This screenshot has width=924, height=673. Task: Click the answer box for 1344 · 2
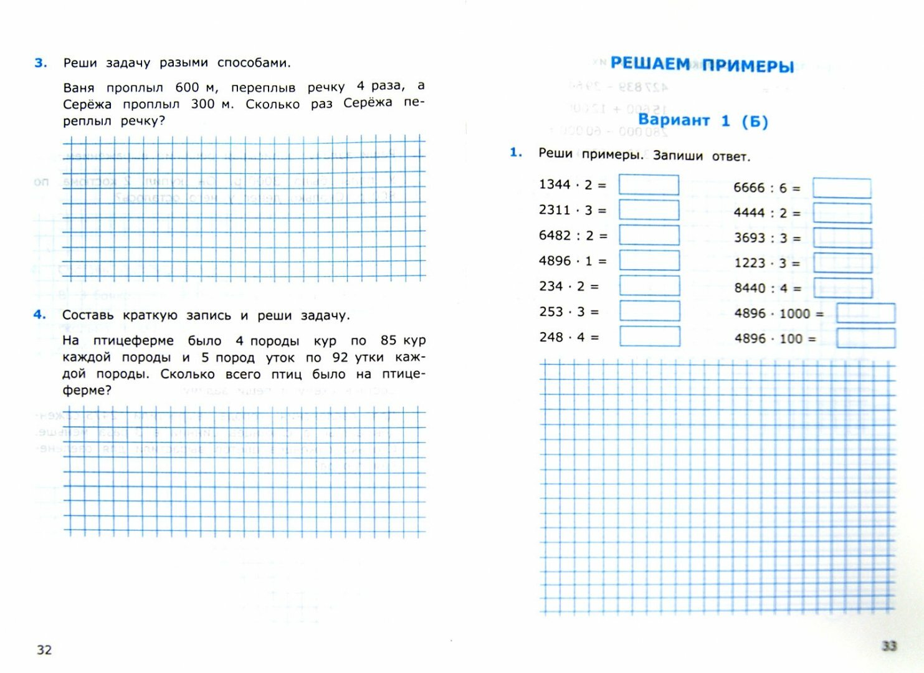pos(649,185)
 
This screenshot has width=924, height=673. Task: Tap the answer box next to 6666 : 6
pos(842,188)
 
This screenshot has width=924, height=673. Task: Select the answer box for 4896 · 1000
pos(865,313)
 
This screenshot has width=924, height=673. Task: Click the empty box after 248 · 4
pos(649,336)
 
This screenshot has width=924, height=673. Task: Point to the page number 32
pos(44,650)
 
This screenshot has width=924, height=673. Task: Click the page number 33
pos(889,646)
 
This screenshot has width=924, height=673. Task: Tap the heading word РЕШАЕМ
pos(650,64)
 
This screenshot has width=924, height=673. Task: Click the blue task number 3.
pos(40,63)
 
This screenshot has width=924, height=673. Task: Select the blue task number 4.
pos(39,315)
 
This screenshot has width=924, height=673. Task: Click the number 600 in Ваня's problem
pos(187,88)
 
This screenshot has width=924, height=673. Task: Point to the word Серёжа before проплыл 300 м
pos(87,104)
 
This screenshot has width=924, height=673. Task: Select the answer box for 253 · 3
pos(649,311)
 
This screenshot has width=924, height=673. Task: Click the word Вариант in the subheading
pos(674,120)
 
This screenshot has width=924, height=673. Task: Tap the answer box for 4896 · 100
pos(865,338)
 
